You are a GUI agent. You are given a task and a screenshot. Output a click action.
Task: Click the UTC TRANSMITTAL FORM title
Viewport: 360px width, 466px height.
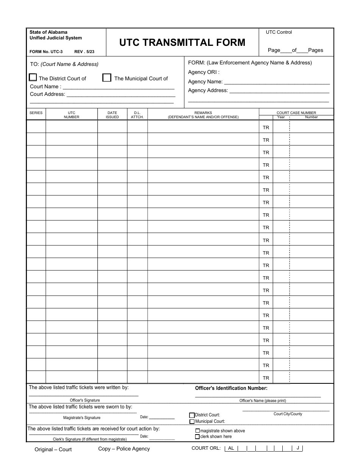pos(182,42)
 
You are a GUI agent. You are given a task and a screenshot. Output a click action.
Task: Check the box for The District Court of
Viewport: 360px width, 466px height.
pos(33,78)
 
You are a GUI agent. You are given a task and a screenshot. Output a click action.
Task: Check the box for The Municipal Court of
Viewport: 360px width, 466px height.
pos(107,78)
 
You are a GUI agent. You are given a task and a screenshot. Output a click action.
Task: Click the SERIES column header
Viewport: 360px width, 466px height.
pos(36,113)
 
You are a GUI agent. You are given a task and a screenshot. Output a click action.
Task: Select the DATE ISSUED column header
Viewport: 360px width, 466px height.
pos(112,115)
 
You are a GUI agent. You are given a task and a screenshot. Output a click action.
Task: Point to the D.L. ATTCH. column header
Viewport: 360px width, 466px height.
pos(137,115)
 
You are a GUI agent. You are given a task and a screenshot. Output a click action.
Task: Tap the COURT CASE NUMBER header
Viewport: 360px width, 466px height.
pos(296,113)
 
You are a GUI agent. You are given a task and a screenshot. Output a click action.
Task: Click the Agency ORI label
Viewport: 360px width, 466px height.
pos(203,72)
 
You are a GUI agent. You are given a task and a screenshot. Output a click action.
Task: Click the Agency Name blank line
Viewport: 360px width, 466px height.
pos(277,82)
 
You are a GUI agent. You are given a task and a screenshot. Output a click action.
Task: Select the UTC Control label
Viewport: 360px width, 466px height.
pos(279,32)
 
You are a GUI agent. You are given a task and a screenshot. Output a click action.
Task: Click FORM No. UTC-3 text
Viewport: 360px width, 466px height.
pos(46,52)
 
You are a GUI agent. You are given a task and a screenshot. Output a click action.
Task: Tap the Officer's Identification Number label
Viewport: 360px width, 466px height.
pos(231,388)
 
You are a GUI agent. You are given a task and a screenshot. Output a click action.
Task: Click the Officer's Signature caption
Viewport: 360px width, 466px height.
pos(85,400)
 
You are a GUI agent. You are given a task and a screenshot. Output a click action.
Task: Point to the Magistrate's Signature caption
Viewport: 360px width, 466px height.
pos(82,418)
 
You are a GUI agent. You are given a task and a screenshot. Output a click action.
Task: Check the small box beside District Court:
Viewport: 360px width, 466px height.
pos(192,415)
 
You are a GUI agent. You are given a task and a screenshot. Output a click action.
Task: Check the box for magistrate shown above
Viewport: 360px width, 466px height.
pos(197,431)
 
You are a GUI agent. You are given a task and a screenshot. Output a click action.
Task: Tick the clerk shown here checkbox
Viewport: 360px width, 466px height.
pos(197,436)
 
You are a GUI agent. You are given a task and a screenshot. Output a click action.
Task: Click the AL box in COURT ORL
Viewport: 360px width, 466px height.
pos(231,448)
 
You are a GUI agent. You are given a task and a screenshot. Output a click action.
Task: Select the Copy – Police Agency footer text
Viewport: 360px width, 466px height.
pos(124,449)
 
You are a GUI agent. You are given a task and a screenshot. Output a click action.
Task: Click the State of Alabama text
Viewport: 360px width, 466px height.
pos(49,32)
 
